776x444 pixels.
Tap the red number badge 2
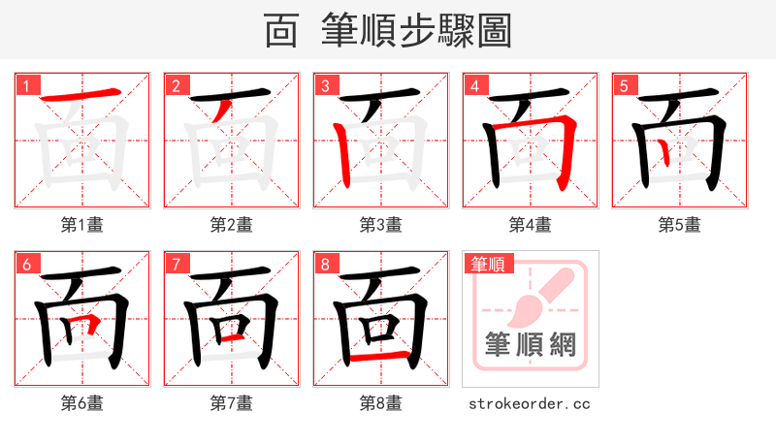[x=176, y=84]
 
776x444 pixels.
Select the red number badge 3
[x=325, y=84]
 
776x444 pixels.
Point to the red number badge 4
[x=474, y=84]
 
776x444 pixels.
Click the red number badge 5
[x=624, y=84]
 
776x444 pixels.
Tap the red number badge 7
[x=176, y=263]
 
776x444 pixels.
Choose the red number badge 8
[x=325, y=263]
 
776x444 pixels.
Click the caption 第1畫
[x=82, y=225]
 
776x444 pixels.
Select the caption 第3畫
[x=380, y=225]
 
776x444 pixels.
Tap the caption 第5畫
[x=679, y=225]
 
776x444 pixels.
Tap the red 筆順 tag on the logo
[x=490, y=263]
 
